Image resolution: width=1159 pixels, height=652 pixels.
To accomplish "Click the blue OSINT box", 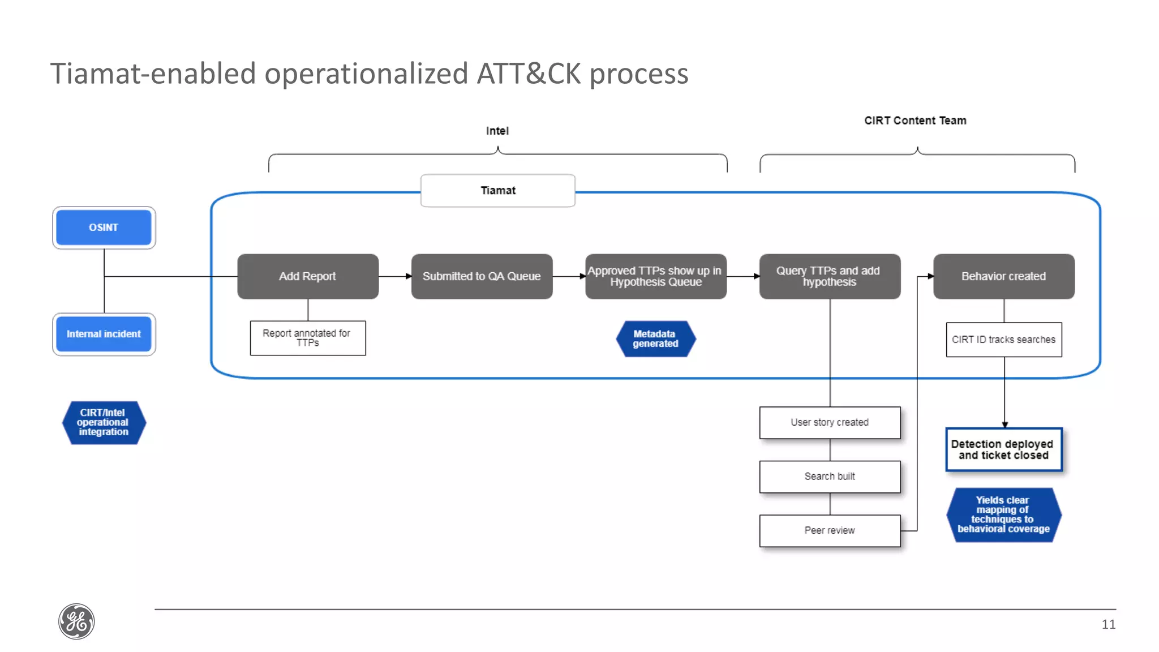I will (104, 228).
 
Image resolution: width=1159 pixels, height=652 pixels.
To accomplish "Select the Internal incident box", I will (104, 334).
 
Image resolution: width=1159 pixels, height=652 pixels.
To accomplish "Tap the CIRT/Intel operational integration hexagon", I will (104, 422).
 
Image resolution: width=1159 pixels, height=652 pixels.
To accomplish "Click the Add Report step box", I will (308, 276).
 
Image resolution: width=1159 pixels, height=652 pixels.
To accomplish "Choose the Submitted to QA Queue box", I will (482, 276).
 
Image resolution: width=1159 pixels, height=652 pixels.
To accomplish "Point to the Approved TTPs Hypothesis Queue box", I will (655, 276).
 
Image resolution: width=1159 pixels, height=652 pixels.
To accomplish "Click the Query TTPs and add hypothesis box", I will (829, 276).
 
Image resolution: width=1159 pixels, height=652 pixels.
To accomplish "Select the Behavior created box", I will (1003, 276).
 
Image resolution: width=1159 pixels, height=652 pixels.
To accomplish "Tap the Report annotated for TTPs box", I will (308, 338).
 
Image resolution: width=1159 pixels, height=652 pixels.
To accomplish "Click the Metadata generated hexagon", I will (655, 338).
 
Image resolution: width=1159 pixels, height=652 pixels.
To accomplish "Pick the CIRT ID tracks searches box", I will (1003, 340).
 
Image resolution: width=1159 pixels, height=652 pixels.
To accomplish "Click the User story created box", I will (830, 422).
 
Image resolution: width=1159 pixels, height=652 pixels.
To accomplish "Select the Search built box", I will (830, 477).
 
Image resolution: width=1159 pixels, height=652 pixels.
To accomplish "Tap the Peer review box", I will (830, 530).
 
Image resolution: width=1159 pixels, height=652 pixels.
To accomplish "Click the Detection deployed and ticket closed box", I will (1003, 449).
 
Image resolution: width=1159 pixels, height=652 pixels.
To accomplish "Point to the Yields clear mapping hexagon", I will (1003, 514).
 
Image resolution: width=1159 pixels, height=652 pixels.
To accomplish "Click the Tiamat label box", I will (498, 191).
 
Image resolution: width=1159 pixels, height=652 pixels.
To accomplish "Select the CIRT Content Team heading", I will (915, 121).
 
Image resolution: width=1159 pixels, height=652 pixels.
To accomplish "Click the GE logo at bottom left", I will (76, 621).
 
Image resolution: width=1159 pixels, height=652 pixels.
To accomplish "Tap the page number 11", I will (1108, 624).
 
